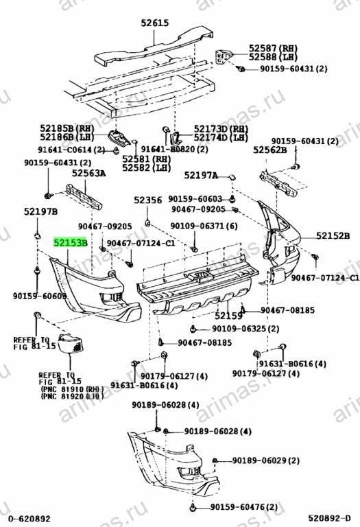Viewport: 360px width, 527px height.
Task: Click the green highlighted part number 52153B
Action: click(71, 242)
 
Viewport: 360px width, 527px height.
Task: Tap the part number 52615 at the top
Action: click(154, 23)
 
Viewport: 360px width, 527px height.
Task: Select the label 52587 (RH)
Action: click(273, 48)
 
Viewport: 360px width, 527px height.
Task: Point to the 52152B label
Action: click(333, 236)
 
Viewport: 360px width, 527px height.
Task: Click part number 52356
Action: click(147, 200)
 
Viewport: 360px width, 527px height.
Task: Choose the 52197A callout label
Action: click(201, 175)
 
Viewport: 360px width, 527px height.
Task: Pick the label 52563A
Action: click(88, 174)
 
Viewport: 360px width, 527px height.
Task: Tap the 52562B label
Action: click(270, 150)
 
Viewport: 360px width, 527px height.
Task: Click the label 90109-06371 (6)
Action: click(204, 226)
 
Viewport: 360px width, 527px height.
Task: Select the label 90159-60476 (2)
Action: click(244, 507)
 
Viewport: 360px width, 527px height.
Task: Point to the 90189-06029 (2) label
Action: click(265, 460)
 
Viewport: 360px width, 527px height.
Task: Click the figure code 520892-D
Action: click(329, 518)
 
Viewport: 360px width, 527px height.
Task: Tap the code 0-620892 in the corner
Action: click(29, 518)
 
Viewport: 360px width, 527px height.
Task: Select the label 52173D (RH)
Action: click(221, 129)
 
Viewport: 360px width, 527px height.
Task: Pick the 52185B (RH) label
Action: click(67, 128)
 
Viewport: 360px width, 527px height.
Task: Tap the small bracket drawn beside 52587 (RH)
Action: click(224, 56)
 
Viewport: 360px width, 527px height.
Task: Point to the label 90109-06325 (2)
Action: click(245, 329)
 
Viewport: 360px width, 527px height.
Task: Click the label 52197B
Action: click(40, 211)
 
